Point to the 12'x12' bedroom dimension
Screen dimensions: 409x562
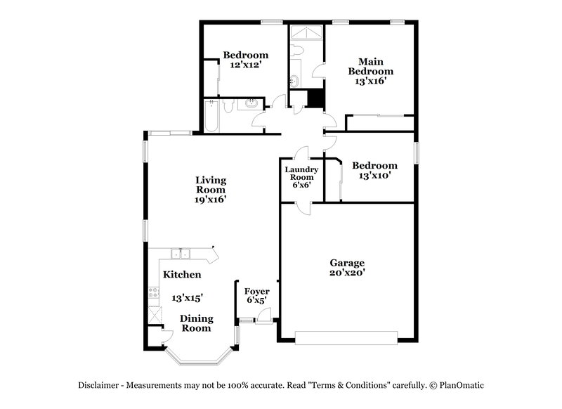246,65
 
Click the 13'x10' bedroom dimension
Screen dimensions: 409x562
374,176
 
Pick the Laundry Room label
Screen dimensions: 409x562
301,174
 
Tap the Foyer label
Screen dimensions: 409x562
256,291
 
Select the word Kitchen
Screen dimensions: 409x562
183,274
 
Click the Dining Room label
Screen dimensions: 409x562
197,323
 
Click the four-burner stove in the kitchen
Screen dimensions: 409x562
152,294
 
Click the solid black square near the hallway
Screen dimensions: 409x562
316,98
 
